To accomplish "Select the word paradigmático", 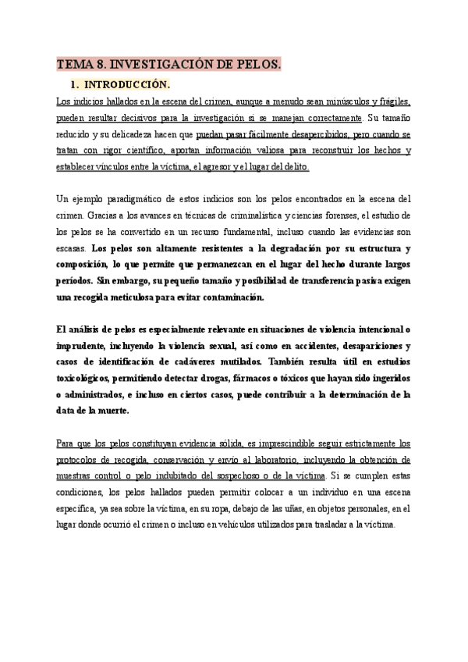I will coord(135,198).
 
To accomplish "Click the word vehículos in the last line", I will coord(229,525).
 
